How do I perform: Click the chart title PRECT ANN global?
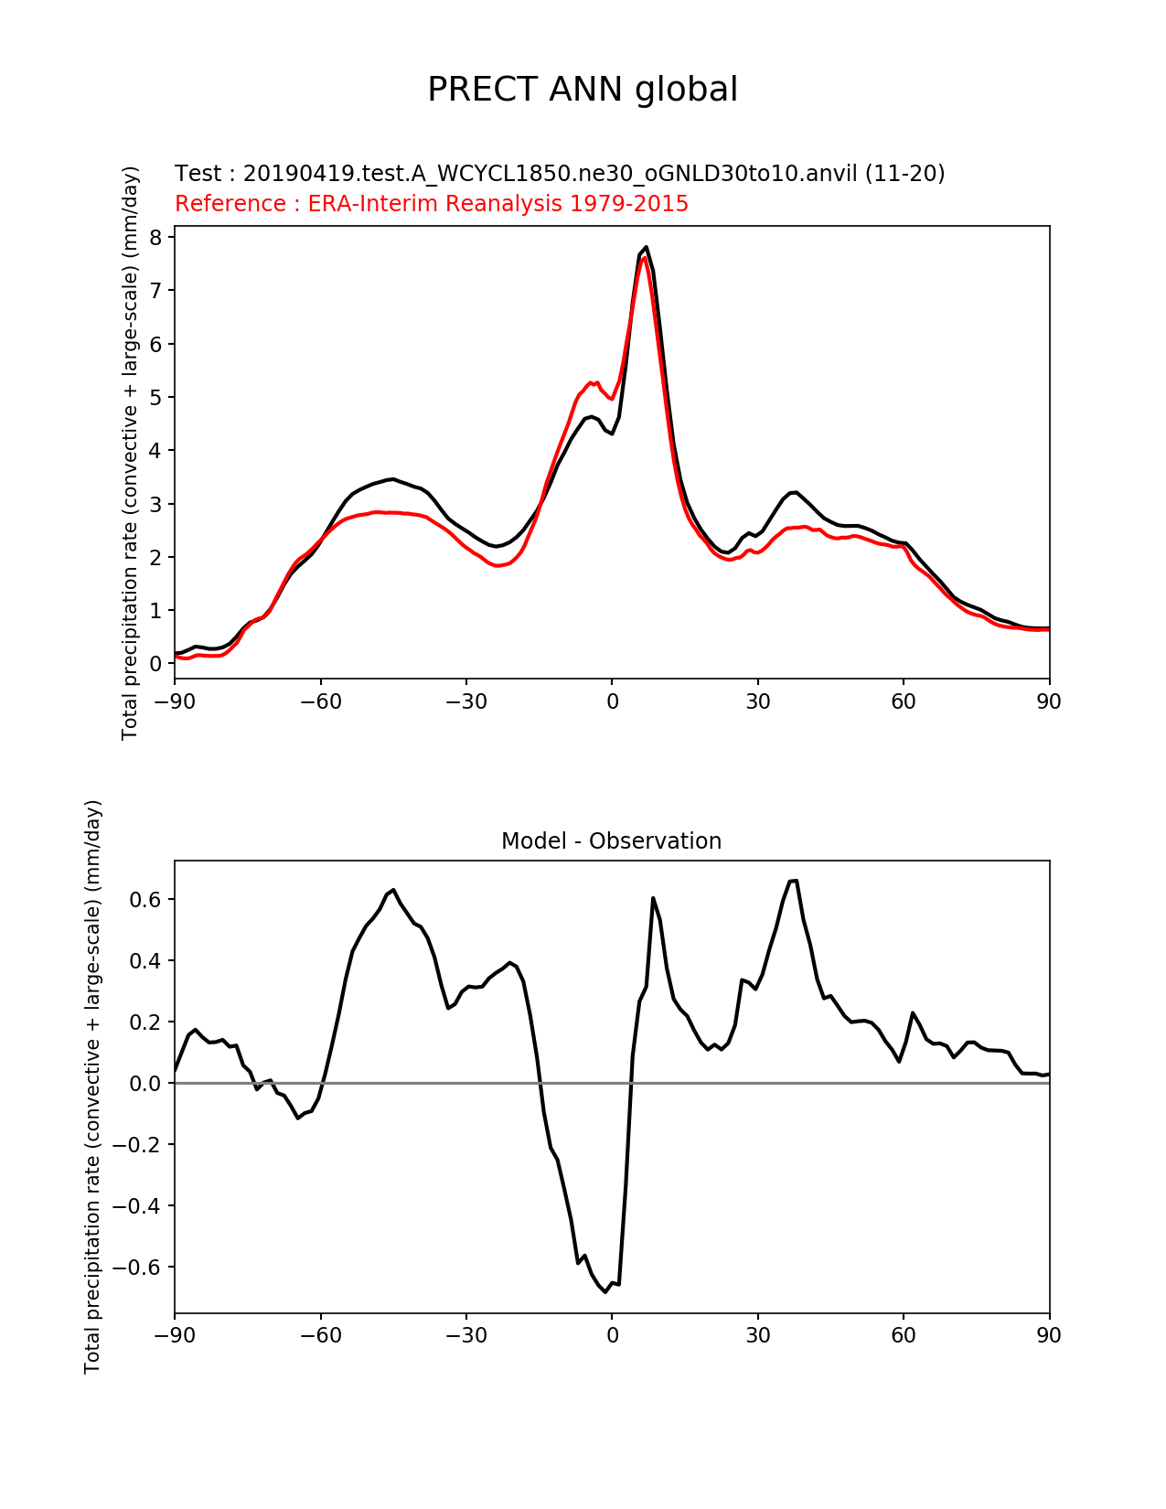coord(583,90)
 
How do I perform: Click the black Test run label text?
coord(560,174)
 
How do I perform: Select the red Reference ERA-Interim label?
coord(432,204)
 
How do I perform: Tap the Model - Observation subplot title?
coord(611,841)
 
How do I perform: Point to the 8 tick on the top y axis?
coord(155,238)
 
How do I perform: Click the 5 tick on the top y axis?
coord(155,398)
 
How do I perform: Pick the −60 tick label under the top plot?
coord(320,701)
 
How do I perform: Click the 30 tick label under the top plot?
coord(757,701)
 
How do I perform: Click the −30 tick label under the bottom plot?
coord(465,1335)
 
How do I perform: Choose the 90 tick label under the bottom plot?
coord(1049,1335)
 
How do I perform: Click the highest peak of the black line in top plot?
coord(646,247)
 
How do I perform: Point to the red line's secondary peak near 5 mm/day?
coord(591,381)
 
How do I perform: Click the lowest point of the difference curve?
coord(605,1291)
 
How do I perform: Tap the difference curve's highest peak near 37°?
coord(794,881)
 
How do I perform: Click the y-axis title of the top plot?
coord(131,453)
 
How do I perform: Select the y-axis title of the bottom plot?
coord(92,1086)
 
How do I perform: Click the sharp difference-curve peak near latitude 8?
coord(653,898)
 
